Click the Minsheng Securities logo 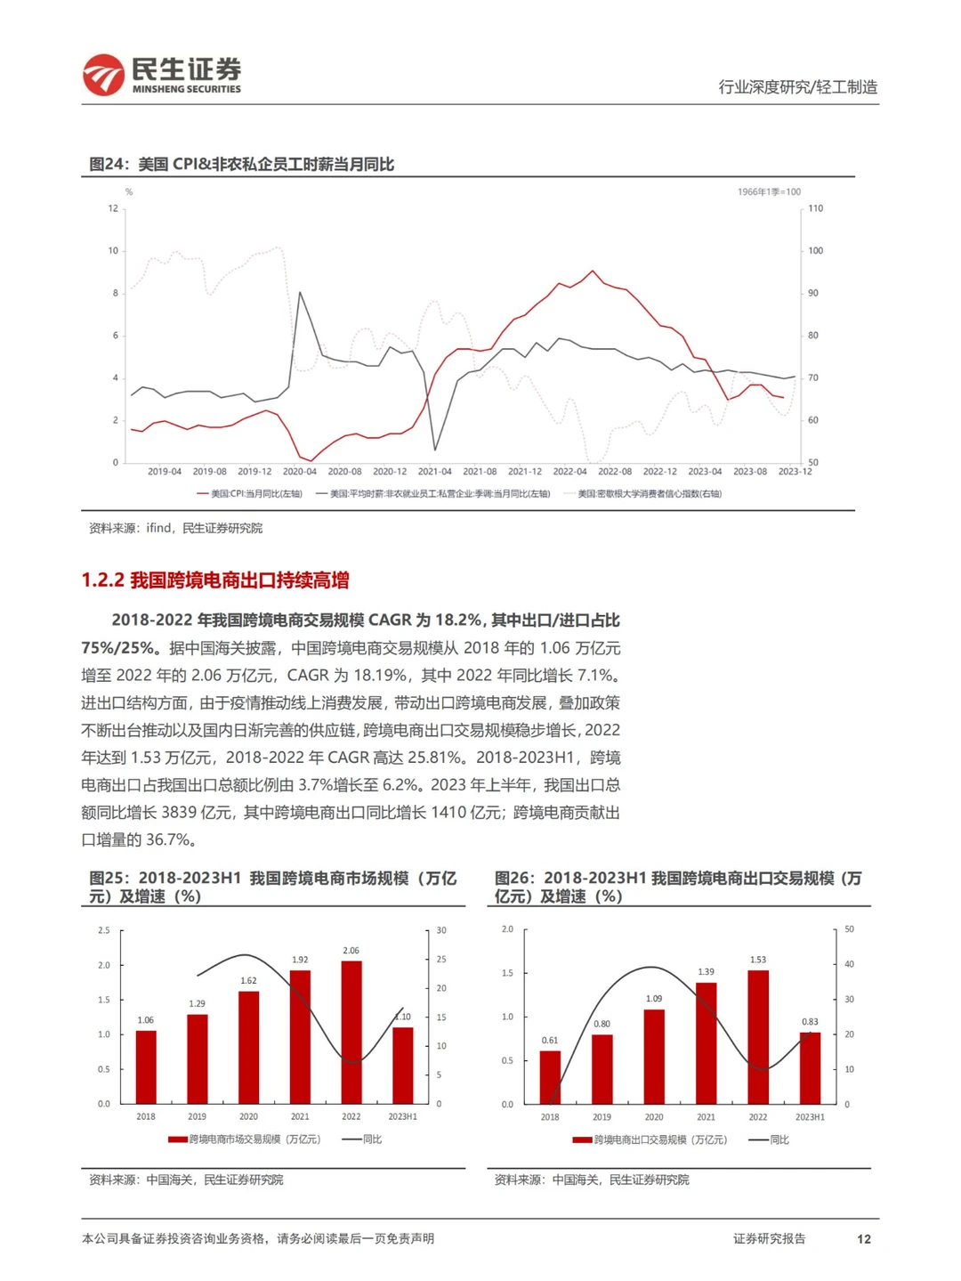(161, 75)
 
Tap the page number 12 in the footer (863, 1238)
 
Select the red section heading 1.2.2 (215, 580)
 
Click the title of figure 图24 (241, 164)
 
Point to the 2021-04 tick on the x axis (434, 472)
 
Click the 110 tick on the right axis (815, 208)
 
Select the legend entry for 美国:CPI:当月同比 (250, 494)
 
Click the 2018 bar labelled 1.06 (146, 1066)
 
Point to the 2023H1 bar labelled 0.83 (810, 1067)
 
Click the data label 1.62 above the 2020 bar (248, 981)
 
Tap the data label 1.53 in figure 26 (758, 960)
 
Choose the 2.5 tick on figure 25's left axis (104, 930)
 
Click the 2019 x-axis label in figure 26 (602, 1117)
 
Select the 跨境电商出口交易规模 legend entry (650, 1139)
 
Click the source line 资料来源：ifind (175, 528)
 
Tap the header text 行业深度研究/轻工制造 (797, 87)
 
